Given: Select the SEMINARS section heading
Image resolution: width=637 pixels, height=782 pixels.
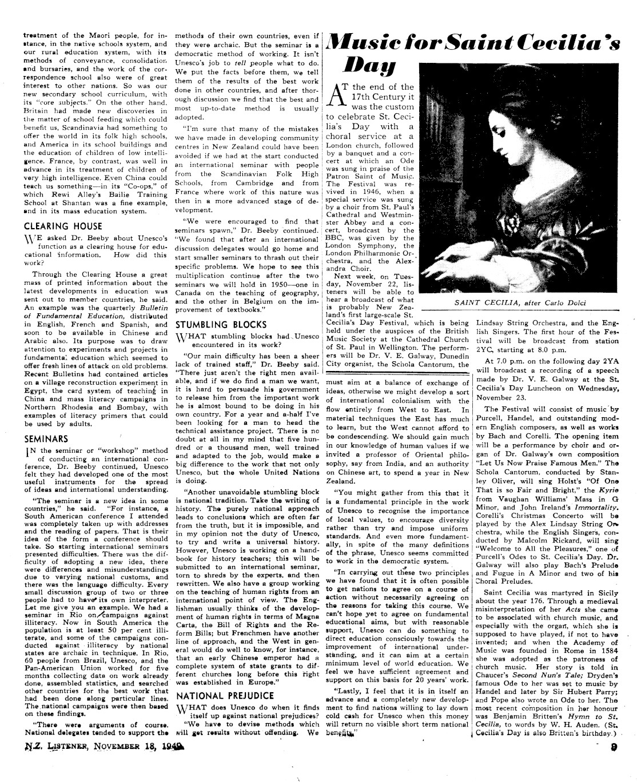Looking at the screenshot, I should point(46,439).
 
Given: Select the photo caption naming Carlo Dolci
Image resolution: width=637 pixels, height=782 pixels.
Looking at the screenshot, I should point(520,303).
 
